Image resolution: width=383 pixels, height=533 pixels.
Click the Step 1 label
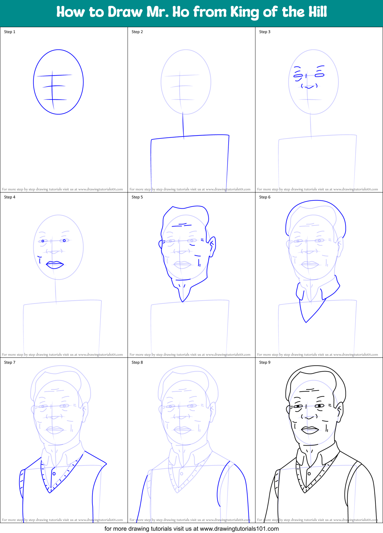coord(10,32)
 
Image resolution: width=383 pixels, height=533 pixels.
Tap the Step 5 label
coord(137,197)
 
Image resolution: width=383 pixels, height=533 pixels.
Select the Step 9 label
coord(265,362)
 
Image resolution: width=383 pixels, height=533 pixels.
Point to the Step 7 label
coord(10,362)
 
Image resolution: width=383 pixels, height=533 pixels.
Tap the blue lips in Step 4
coord(55,265)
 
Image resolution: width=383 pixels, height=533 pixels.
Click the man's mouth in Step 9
coord(310,430)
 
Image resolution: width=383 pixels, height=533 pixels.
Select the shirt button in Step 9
coord(309,474)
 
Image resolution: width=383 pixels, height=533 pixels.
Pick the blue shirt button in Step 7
coord(54,474)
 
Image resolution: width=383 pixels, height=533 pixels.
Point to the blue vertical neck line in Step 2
coord(183,124)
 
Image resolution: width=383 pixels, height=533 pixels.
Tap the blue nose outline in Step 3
coord(309,87)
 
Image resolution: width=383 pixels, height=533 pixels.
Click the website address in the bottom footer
coord(239,529)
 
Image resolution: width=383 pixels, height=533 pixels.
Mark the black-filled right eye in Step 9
coord(320,406)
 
